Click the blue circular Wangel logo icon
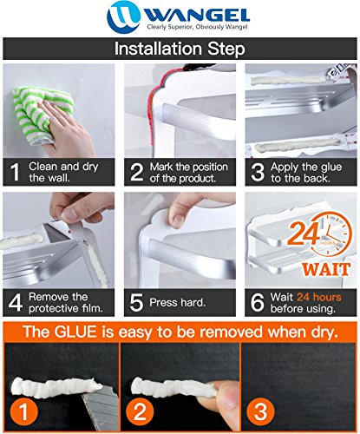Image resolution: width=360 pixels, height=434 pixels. click(123, 16)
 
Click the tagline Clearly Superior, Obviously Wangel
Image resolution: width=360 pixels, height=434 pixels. click(198, 27)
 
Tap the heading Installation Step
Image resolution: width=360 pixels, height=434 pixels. click(180, 49)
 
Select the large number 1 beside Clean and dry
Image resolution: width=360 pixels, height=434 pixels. click(15, 172)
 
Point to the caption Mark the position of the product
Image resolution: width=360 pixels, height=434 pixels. click(188, 173)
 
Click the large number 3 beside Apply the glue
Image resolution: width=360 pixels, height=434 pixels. click(258, 172)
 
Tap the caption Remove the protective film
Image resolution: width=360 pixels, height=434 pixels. click(66, 302)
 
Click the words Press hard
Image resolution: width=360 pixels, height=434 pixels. click(177, 302)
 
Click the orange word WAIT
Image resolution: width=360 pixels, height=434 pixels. click(326, 269)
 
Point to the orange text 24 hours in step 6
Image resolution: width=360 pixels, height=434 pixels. click(319, 297)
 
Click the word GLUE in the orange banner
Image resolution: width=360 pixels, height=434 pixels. click(75, 332)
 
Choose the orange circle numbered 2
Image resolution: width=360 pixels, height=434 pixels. click(140, 411)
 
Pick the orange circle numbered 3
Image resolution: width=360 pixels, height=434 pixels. click(260, 411)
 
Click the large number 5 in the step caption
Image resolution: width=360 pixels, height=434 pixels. click(136, 303)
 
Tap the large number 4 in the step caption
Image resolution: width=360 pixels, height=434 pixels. click(16, 303)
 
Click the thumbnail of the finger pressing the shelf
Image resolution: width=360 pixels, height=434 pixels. click(180, 240)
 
